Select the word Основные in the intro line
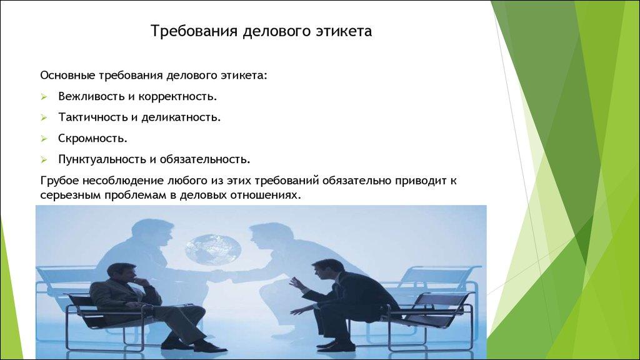click(x=67, y=76)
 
